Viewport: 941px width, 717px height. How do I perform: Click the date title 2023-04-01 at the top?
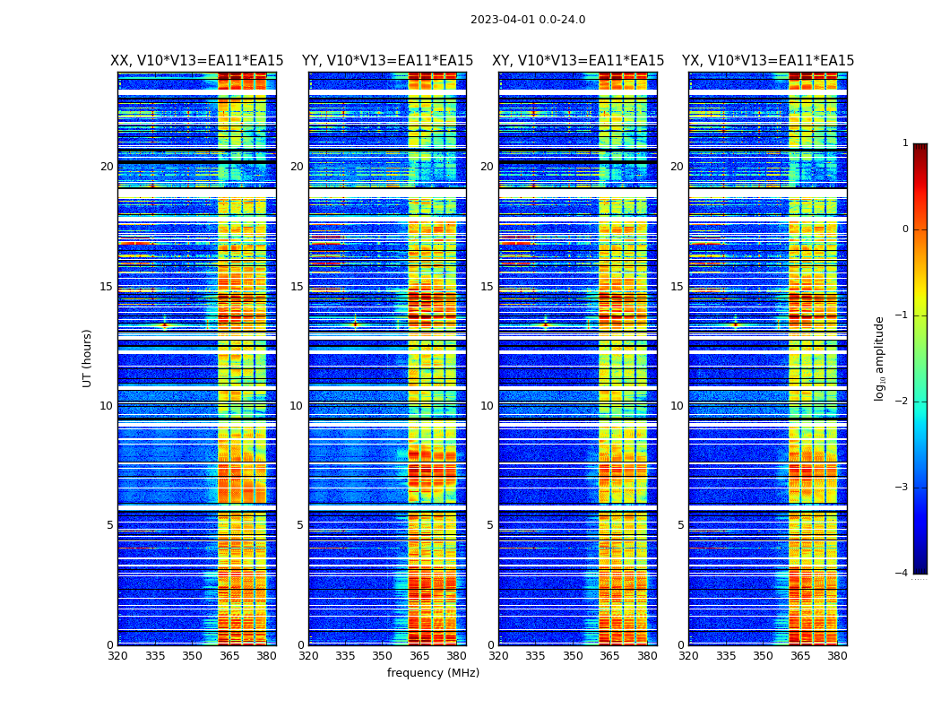[x=527, y=20]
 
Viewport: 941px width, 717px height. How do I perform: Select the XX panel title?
[x=196, y=61]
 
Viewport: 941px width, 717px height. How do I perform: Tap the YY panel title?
[x=387, y=61]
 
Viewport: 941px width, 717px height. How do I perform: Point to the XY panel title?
[x=578, y=61]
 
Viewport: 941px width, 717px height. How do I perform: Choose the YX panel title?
[x=768, y=61]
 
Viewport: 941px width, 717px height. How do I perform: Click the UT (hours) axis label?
[x=88, y=358]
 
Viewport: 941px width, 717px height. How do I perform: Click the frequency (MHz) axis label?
[x=433, y=673]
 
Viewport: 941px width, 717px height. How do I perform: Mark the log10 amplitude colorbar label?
[x=879, y=358]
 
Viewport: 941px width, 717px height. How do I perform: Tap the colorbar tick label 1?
[x=904, y=143]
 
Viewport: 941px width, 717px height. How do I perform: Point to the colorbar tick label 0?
[x=904, y=229]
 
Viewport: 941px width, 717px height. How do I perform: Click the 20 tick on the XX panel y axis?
[x=107, y=167]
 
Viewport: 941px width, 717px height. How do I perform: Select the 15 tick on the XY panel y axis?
[x=487, y=287]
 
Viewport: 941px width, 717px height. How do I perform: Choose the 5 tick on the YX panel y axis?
[x=680, y=525]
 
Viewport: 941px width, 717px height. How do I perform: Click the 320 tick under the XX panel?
[x=117, y=656]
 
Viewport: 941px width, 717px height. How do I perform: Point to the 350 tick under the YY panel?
[x=383, y=656]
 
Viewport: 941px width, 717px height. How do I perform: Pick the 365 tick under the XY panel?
[x=610, y=656]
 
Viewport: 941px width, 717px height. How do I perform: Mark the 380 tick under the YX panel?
[x=837, y=656]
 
